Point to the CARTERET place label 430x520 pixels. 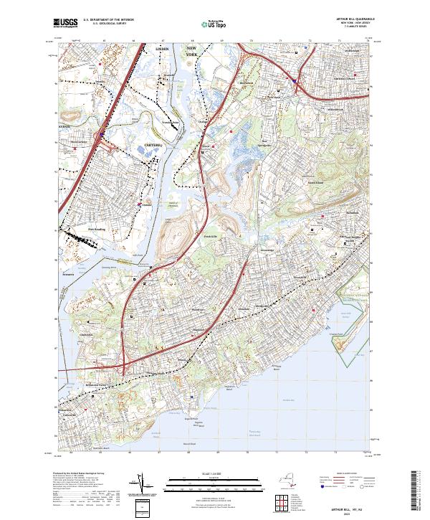coord(154,144)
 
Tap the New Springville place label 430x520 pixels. coord(267,142)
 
